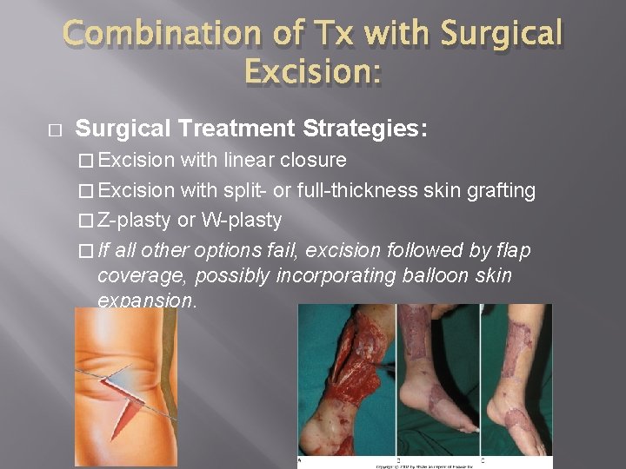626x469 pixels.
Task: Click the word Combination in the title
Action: point(160,34)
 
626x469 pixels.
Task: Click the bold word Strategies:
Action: point(364,129)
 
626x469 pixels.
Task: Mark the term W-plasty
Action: point(241,221)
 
